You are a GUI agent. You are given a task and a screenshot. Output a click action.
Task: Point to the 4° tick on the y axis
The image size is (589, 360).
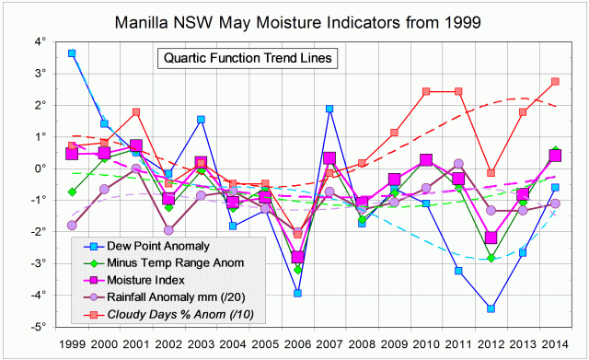tap(40, 42)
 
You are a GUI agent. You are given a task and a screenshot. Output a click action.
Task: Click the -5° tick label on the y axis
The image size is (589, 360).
tap(38, 326)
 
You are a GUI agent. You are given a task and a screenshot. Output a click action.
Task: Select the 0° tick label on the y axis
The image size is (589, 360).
tap(40, 168)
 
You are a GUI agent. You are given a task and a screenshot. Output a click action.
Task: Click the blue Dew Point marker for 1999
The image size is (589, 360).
tap(72, 53)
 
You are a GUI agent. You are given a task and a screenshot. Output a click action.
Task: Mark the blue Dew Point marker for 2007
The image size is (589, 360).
tap(329, 109)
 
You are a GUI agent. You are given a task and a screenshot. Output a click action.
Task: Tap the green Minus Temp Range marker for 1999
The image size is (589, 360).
tap(72, 192)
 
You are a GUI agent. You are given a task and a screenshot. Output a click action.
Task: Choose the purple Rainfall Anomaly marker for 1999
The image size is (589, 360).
tap(72, 225)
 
